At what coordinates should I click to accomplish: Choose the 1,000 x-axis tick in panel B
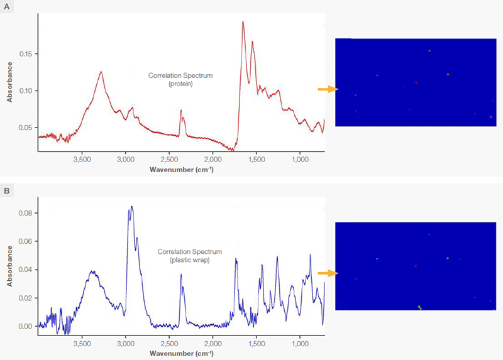pyautogui.click(x=299, y=345)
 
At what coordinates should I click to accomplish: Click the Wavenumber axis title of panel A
pyautogui.click(x=181, y=170)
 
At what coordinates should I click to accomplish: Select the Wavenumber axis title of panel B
pyautogui.click(x=181, y=354)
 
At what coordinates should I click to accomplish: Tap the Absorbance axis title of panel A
pyautogui.click(x=9, y=85)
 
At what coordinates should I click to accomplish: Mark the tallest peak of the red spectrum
pyautogui.click(x=243, y=22)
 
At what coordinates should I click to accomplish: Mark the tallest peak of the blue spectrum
pyautogui.click(x=131, y=207)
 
